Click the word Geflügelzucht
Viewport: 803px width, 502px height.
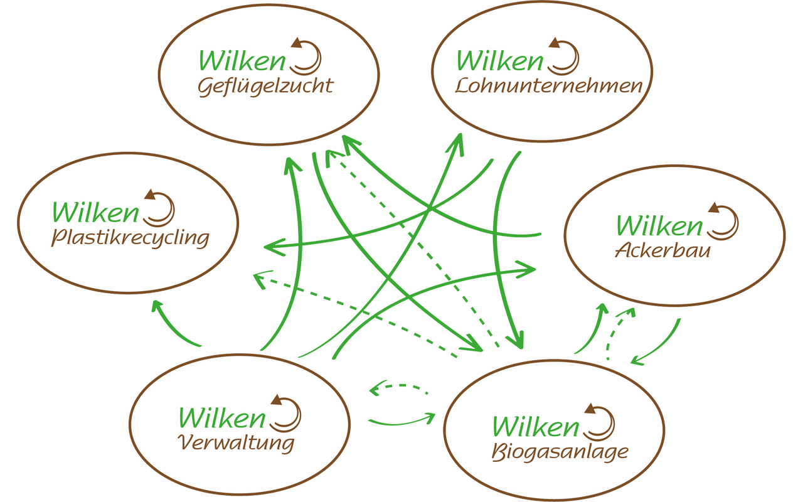coord(265,87)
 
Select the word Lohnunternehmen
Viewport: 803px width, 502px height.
coord(548,86)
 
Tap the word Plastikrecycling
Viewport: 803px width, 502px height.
coord(130,238)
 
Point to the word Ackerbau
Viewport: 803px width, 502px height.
coord(662,250)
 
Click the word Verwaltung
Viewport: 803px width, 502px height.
coord(236,443)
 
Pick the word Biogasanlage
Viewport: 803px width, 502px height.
coord(560,452)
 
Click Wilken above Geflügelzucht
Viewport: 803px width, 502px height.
coord(242,61)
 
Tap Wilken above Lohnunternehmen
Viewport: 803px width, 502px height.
coord(500,61)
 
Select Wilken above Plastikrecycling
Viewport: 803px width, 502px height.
coord(95,213)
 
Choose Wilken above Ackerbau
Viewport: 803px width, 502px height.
coord(659,226)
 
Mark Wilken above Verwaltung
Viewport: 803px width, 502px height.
coord(222,418)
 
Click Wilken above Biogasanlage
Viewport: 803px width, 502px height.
coord(536,427)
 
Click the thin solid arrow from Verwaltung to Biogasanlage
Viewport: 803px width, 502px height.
coord(401,424)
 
